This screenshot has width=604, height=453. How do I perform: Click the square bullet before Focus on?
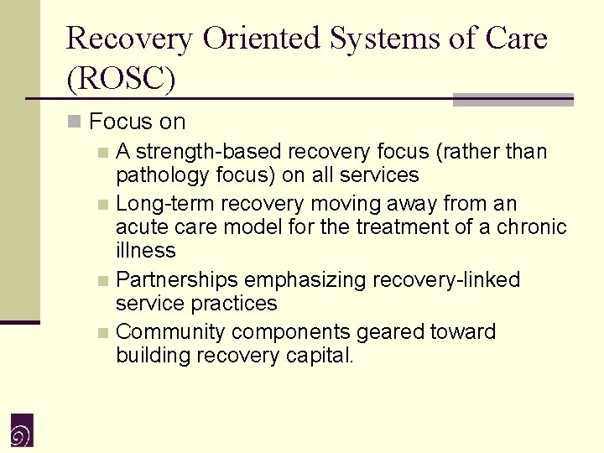pyautogui.click(x=75, y=122)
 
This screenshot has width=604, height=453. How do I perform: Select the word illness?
pyautogui.click(x=146, y=251)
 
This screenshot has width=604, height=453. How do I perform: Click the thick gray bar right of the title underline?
pyautogui.click(x=513, y=100)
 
